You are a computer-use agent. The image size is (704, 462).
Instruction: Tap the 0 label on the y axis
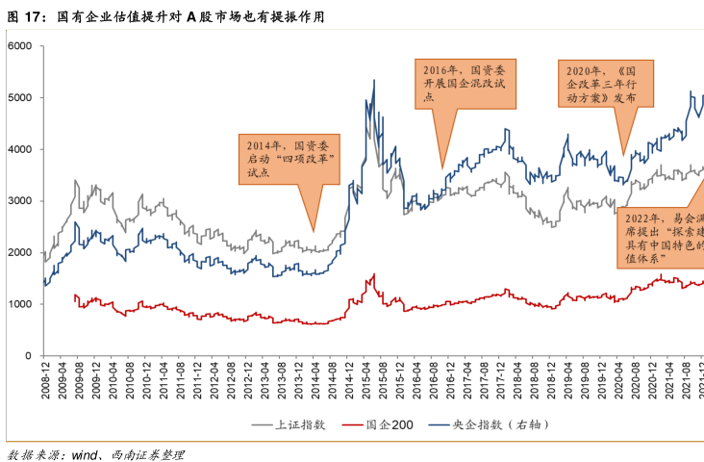(28, 356)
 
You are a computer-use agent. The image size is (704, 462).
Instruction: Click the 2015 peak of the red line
(372, 274)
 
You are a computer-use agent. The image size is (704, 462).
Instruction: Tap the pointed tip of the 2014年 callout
(314, 232)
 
